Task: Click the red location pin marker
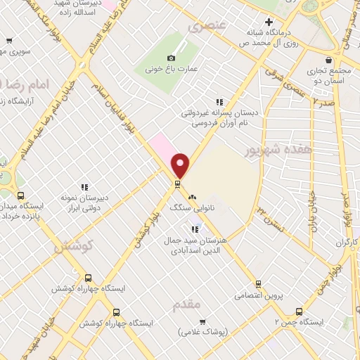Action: (181, 165)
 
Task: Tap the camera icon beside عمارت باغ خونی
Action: (171, 58)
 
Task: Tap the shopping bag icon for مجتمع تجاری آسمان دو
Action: (330, 61)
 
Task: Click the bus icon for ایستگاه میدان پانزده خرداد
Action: (20, 196)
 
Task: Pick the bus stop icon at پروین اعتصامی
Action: (259, 284)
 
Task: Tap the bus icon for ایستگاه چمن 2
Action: (300, 311)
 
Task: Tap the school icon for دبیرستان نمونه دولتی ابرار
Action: (84, 187)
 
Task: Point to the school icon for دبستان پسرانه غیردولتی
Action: (220, 101)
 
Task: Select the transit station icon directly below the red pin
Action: (177, 185)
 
